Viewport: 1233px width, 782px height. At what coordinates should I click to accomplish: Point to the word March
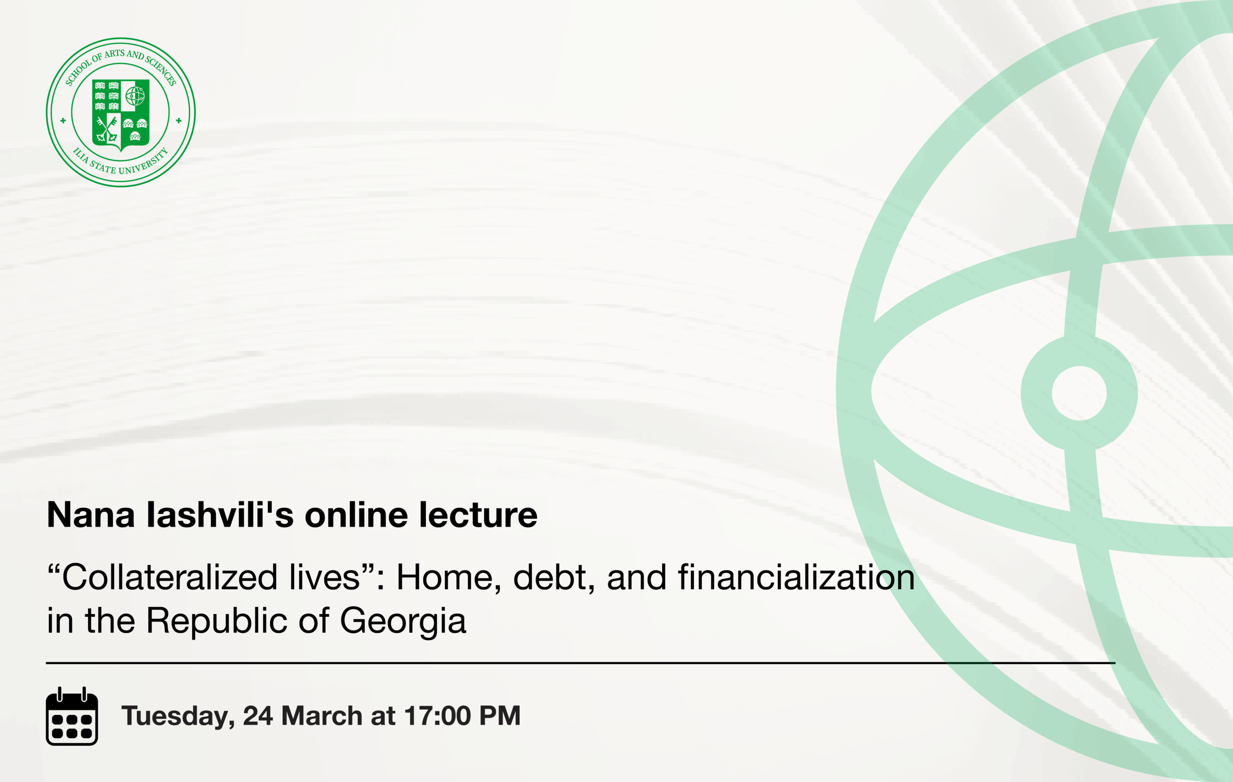click(322, 716)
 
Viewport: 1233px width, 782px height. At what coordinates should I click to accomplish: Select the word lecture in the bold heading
click(478, 514)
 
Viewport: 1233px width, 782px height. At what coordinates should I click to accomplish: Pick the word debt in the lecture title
click(554, 577)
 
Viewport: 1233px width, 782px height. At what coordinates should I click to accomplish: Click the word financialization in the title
click(796, 577)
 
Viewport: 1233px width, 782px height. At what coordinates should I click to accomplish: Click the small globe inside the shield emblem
click(135, 96)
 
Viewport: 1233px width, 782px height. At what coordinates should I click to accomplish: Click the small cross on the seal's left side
click(63, 121)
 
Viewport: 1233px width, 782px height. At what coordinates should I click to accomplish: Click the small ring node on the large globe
click(1079, 393)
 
